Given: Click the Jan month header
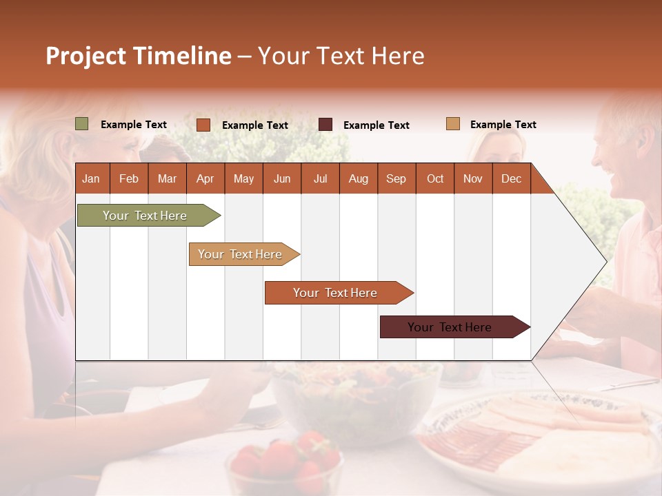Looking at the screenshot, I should point(92,178).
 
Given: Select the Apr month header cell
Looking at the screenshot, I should point(205,178).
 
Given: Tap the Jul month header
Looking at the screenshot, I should point(320,178).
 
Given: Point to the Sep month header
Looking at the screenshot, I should point(397,178).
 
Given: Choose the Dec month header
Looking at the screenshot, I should point(511,178).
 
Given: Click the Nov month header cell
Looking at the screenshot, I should point(473,178).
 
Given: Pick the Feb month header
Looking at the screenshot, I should point(129,178).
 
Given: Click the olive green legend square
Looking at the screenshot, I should point(82,124).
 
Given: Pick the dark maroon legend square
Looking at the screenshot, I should point(325,125).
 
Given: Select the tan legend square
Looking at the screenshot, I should point(453,124).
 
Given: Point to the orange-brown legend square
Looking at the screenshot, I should point(203,125).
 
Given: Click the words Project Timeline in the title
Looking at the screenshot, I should point(138,56).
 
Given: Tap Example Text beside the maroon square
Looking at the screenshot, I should point(376,125).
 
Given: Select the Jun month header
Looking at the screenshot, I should point(282,178).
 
